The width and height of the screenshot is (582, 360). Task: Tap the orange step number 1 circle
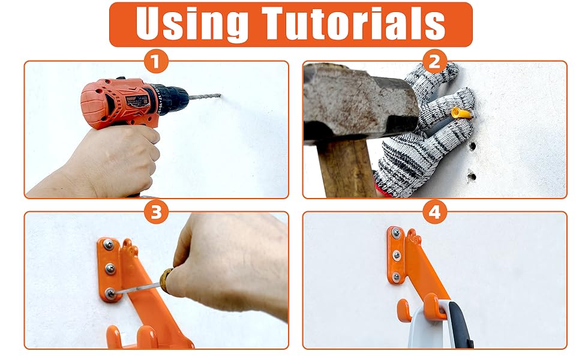tap(156, 61)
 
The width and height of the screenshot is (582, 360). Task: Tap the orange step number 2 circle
tap(435, 61)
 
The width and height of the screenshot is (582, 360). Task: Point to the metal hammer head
tap(360, 99)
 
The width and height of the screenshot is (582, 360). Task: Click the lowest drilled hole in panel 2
tap(472, 177)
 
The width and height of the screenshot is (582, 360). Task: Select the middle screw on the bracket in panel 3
tap(109, 268)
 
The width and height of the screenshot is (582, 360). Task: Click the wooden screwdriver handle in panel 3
tap(164, 278)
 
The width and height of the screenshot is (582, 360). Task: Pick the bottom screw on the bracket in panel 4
tap(396, 277)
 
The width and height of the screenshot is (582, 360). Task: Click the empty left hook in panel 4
tap(405, 309)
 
